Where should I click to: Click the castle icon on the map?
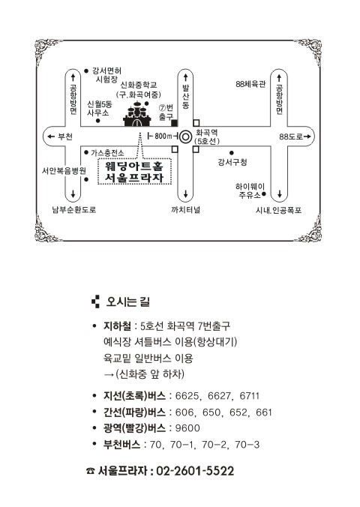(x=137, y=113)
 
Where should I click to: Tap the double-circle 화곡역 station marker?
(x=186, y=136)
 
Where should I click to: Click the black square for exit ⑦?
(x=174, y=123)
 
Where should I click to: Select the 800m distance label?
(x=163, y=136)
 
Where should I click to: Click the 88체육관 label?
(x=250, y=84)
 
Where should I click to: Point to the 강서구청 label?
(x=232, y=162)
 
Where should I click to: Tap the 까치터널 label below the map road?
(x=186, y=209)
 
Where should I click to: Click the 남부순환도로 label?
(x=74, y=210)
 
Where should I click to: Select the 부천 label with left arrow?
(x=60, y=136)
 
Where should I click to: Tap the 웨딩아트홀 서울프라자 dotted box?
(x=134, y=171)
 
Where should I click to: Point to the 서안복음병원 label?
(x=64, y=170)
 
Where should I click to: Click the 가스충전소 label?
(x=107, y=152)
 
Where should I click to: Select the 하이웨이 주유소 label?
(x=250, y=190)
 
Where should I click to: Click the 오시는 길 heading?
(x=127, y=301)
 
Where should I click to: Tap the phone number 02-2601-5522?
(x=195, y=471)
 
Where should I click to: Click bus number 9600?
(x=187, y=428)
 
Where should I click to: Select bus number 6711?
(x=250, y=396)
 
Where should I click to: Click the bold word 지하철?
(x=117, y=326)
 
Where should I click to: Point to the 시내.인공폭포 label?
(x=278, y=210)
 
